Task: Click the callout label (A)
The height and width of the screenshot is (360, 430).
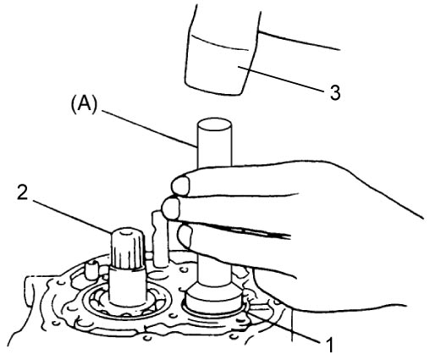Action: point(84,106)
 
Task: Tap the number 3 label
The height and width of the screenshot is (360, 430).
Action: point(335,92)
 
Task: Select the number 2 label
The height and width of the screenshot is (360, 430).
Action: point(23,193)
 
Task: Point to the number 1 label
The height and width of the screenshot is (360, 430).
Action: point(329,345)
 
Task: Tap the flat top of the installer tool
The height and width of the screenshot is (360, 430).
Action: point(214,125)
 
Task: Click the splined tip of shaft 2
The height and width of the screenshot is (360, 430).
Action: point(129,247)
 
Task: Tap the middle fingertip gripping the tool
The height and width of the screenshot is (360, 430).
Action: point(171,208)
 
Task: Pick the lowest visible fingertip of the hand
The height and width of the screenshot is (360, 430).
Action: point(185,235)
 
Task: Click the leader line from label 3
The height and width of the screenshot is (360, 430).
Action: point(282,79)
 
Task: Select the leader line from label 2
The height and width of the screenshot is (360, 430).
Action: point(73,217)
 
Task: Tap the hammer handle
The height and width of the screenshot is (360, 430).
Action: point(300,40)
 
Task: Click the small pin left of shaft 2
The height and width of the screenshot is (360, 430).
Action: point(91,269)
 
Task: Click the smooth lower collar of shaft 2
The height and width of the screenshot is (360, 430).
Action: point(128,286)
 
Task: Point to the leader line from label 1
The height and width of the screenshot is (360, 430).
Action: point(284,326)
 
